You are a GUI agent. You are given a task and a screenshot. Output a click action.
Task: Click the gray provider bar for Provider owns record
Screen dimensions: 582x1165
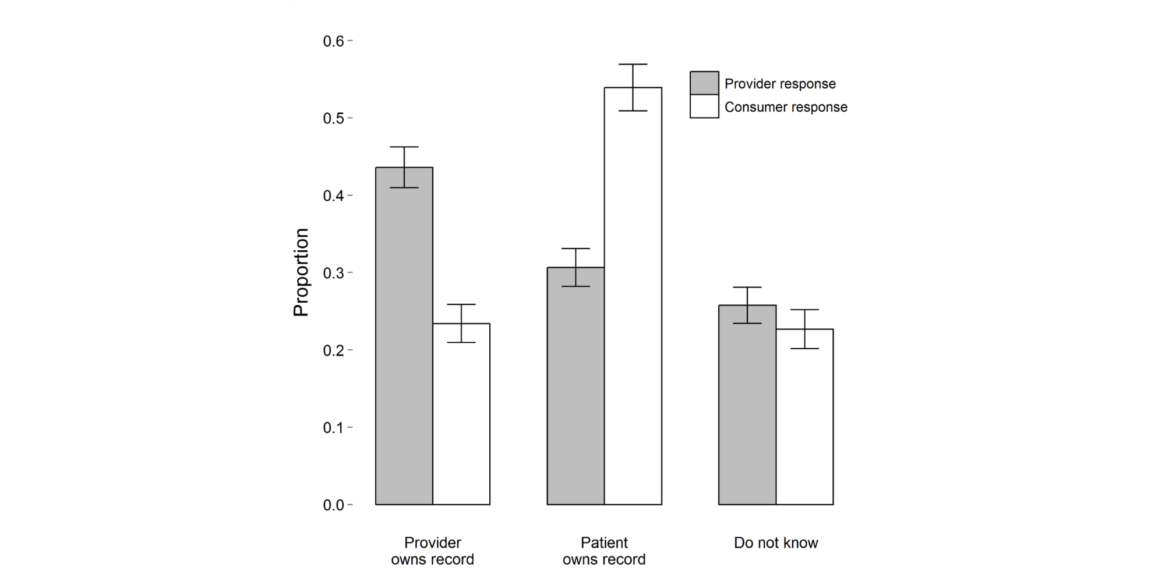point(404,349)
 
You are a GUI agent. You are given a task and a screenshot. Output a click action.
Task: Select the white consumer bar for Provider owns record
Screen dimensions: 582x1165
point(461,419)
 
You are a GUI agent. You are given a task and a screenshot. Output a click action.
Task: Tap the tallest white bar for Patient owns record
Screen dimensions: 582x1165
point(633,303)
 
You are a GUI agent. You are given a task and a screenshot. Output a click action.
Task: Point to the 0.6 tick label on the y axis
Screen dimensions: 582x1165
point(334,41)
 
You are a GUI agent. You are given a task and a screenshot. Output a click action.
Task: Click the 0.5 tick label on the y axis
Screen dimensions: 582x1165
point(334,119)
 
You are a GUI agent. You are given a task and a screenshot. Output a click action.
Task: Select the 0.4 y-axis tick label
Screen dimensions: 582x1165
point(334,196)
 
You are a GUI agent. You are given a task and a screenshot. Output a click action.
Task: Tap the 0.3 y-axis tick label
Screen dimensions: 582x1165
point(334,274)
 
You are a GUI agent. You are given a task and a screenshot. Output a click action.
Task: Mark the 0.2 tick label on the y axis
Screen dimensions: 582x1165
point(334,350)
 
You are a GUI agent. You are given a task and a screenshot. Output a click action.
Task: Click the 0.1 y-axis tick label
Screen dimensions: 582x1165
point(334,428)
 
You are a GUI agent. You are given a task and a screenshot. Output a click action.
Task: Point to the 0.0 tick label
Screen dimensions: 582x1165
point(334,505)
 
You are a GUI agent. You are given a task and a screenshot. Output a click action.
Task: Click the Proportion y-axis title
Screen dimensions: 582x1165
point(301,272)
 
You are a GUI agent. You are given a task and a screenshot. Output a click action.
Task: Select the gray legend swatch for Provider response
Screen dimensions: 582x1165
point(704,83)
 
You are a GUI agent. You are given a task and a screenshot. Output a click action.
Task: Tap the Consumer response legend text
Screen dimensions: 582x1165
point(786,107)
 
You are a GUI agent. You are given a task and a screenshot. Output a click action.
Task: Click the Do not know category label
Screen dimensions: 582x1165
point(776,543)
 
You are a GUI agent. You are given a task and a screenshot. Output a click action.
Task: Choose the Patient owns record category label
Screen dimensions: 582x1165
point(604,551)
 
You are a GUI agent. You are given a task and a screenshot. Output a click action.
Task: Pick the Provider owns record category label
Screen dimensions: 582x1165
point(432,551)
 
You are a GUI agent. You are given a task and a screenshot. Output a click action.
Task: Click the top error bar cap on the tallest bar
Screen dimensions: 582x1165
point(633,64)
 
